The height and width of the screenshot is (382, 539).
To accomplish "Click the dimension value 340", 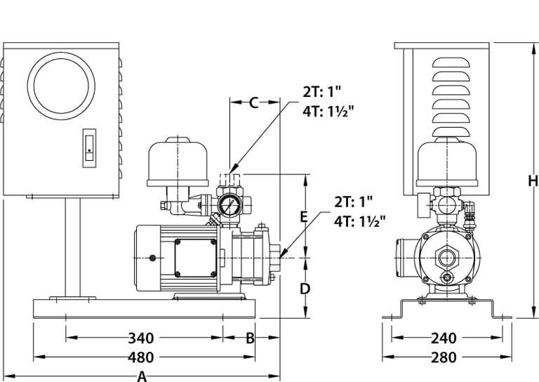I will pyautogui.click(x=141, y=338).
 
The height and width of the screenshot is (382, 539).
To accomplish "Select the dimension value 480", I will pyautogui.click(x=141, y=357).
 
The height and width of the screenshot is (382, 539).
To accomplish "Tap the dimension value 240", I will pyautogui.click(x=443, y=338).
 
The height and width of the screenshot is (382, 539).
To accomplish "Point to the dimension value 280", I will pyautogui.click(x=443, y=357).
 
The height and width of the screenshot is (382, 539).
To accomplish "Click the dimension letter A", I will pyautogui.click(x=142, y=376).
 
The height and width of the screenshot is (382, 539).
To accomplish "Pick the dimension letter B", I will pyautogui.click(x=249, y=338).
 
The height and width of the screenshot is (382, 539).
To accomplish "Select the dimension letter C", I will pyautogui.click(x=255, y=103).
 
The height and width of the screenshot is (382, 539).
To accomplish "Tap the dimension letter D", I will pyautogui.click(x=305, y=289).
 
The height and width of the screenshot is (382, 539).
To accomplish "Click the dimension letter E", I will pyautogui.click(x=304, y=216).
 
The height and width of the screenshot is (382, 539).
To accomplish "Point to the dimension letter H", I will pyautogui.click(x=533, y=180).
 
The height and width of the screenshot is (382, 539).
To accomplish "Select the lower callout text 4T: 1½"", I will pyautogui.click(x=360, y=222).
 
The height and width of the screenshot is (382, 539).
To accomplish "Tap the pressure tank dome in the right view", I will pyautogui.click(x=447, y=160).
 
